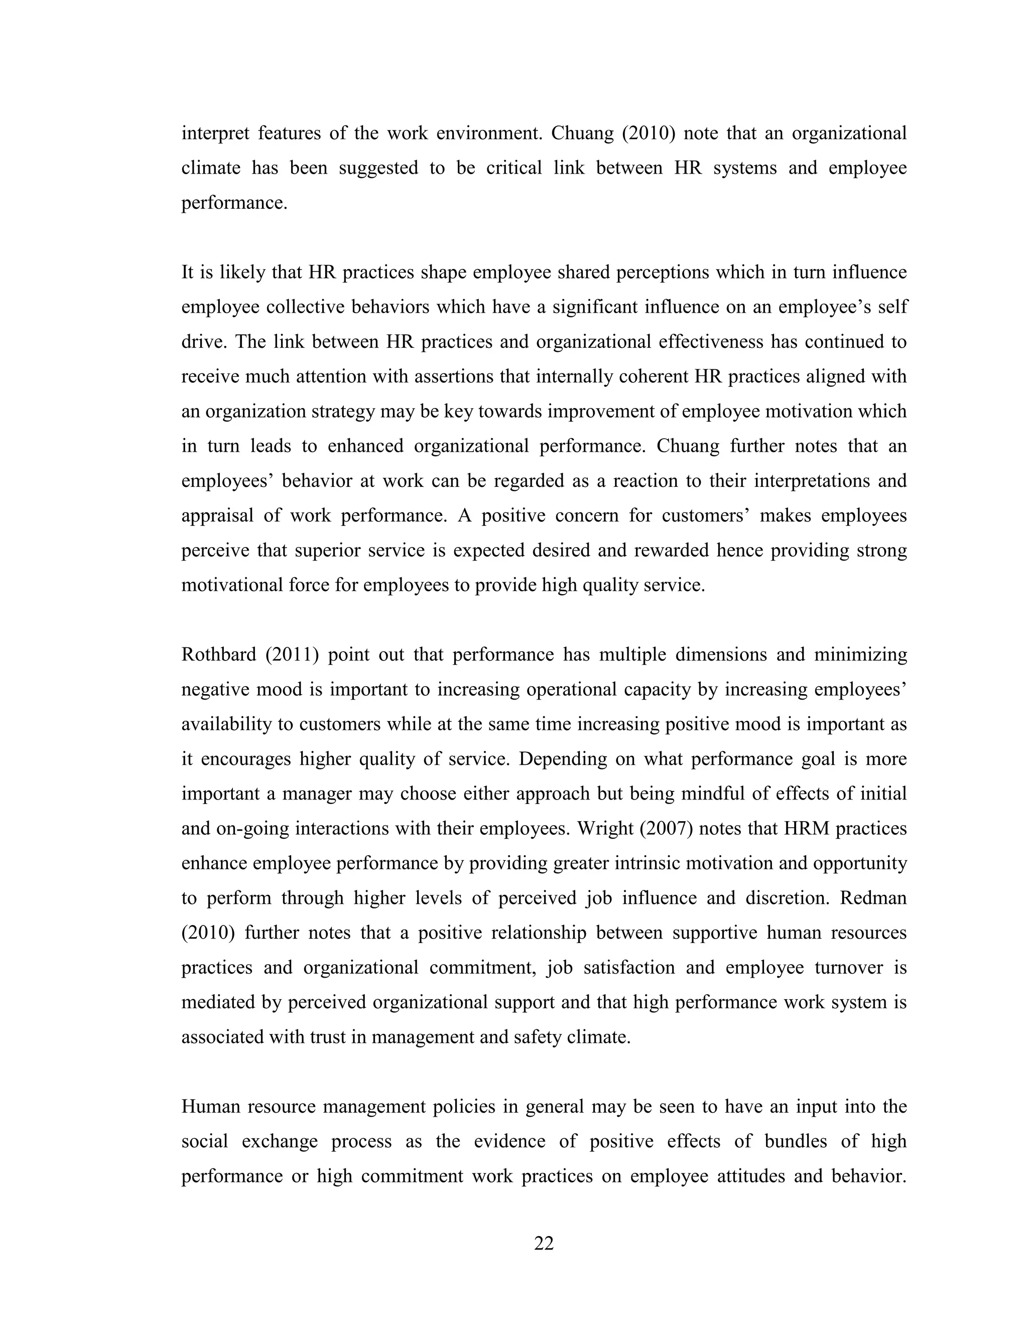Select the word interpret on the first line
(x=215, y=134)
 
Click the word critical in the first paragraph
(x=513, y=168)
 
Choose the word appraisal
(x=217, y=516)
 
